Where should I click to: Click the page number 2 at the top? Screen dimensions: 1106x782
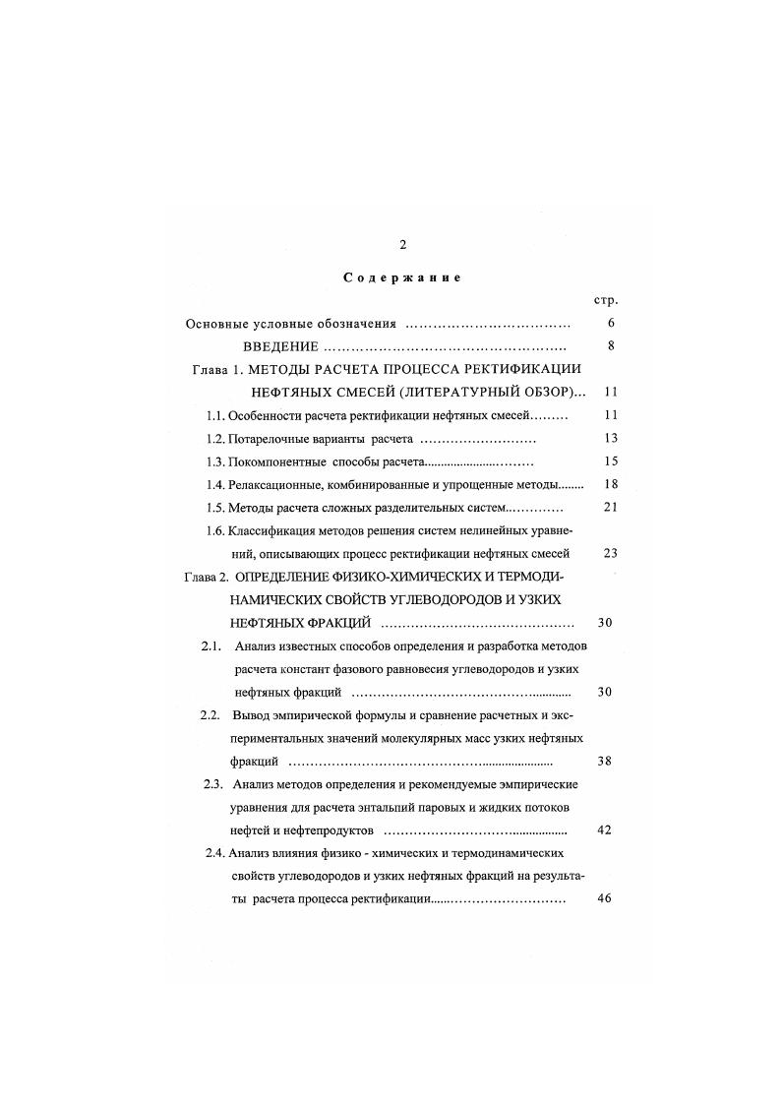[x=402, y=245]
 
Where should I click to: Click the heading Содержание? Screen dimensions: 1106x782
[x=402, y=277]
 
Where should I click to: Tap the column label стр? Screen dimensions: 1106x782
[x=607, y=300]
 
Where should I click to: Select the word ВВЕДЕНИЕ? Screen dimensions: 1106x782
[x=280, y=346]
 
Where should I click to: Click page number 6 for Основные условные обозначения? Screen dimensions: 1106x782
[x=611, y=323]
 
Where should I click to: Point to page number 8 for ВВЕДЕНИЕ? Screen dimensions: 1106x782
[x=611, y=346]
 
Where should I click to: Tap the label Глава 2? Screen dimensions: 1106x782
[x=206, y=578]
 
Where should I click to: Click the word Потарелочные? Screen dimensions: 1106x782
[x=267, y=439]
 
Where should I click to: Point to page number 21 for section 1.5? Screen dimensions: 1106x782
[x=610, y=508]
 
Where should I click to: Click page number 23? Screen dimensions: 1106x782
[x=610, y=554]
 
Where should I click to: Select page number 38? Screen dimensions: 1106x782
[x=605, y=762]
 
